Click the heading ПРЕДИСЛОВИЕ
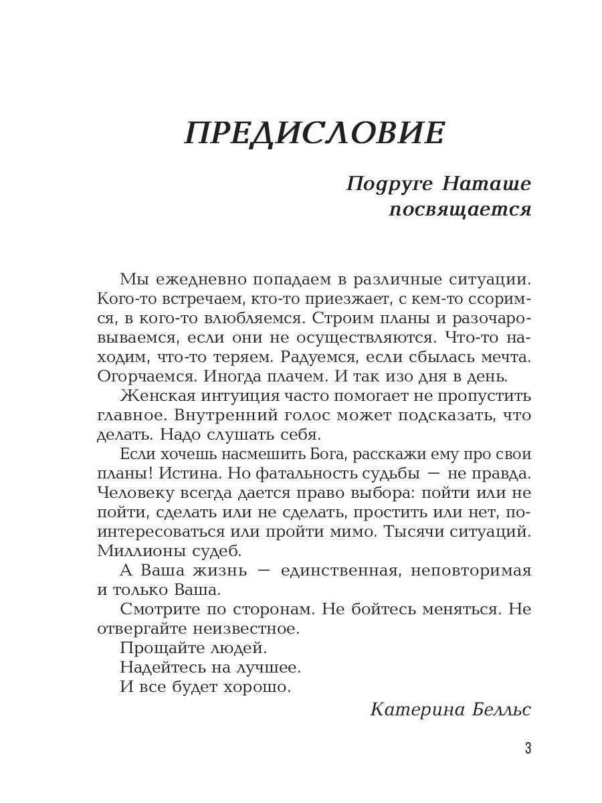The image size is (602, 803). pyautogui.click(x=314, y=133)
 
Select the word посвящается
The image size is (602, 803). pyautogui.click(x=460, y=209)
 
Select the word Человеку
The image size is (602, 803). pyautogui.click(x=132, y=493)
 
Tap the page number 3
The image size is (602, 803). pyautogui.click(x=528, y=748)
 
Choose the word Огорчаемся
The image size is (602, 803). pyautogui.click(x=139, y=376)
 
